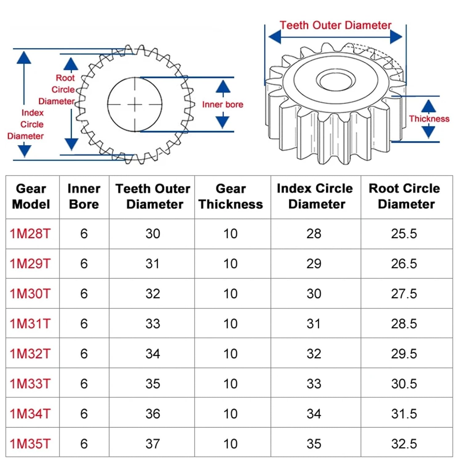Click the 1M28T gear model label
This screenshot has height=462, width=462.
click(x=30, y=234)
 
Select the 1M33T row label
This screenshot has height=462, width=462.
click(x=30, y=384)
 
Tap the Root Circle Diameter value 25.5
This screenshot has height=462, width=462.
click(x=404, y=234)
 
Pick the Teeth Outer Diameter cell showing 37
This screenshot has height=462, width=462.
click(x=152, y=444)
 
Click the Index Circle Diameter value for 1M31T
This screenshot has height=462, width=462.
click(x=314, y=324)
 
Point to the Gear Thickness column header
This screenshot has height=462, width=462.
click(x=231, y=197)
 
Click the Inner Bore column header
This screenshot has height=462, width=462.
click(x=84, y=197)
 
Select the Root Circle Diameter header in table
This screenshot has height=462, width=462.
click(x=405, y=196)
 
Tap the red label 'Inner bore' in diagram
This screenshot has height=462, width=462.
click(x=222, y=105)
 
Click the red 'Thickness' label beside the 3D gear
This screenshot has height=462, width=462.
click(x=429, y=119)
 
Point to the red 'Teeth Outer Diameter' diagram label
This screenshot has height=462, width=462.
click(x=335, y=25)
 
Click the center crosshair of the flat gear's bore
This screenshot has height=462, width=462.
click(x=135, y=105)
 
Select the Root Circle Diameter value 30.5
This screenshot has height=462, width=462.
click(x=404, y=384)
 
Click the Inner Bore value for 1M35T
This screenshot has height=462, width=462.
click(x=84, y=444)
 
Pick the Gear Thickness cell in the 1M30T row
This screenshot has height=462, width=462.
click(x=230, y=294)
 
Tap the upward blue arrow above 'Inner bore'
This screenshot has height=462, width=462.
click(x=223, y=87)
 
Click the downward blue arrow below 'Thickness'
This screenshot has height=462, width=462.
click(x=428, y=132)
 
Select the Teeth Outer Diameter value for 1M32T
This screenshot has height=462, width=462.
click(x=152, y=354)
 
